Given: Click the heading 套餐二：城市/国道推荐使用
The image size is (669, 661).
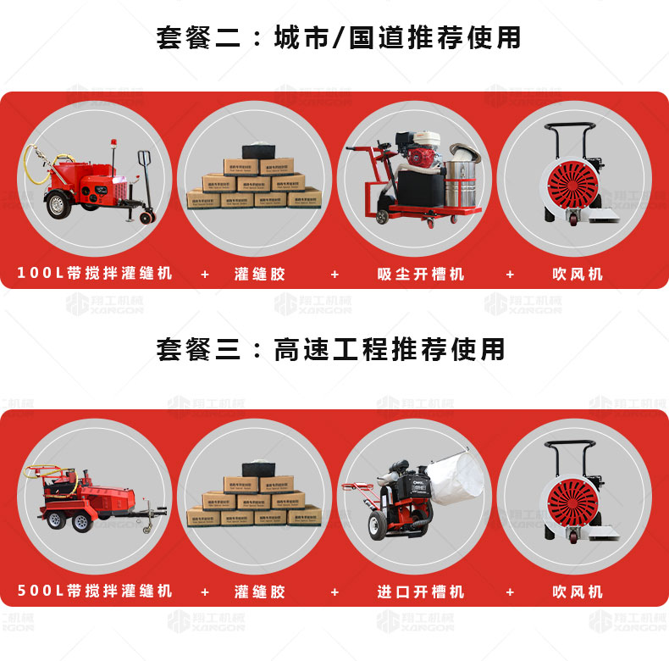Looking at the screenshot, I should click(x=338, y=37).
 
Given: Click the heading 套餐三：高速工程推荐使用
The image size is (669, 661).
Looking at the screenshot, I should click(x=330, y=349).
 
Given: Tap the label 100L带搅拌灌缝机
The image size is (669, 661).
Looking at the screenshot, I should click(x=95, y=274).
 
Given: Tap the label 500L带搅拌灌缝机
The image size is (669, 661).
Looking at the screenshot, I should click(x=95, y=591).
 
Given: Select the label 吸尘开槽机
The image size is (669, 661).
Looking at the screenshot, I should click(x=421, y=274).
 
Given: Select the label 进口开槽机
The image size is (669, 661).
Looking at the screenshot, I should click(x=421, y=591).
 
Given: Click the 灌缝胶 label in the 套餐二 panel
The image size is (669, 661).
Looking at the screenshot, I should click(x=260, y=274).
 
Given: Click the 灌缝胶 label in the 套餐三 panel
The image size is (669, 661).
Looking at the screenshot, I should click(x=260, y=591).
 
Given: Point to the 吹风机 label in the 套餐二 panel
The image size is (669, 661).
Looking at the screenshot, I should click(x=578, y=274).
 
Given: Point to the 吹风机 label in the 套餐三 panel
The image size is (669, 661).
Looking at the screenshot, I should click(x=578, y=591).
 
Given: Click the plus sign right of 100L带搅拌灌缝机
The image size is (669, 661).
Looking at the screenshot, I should click(x=204, y=274).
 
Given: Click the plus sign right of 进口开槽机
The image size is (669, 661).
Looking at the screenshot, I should click(x=510, y=591).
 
